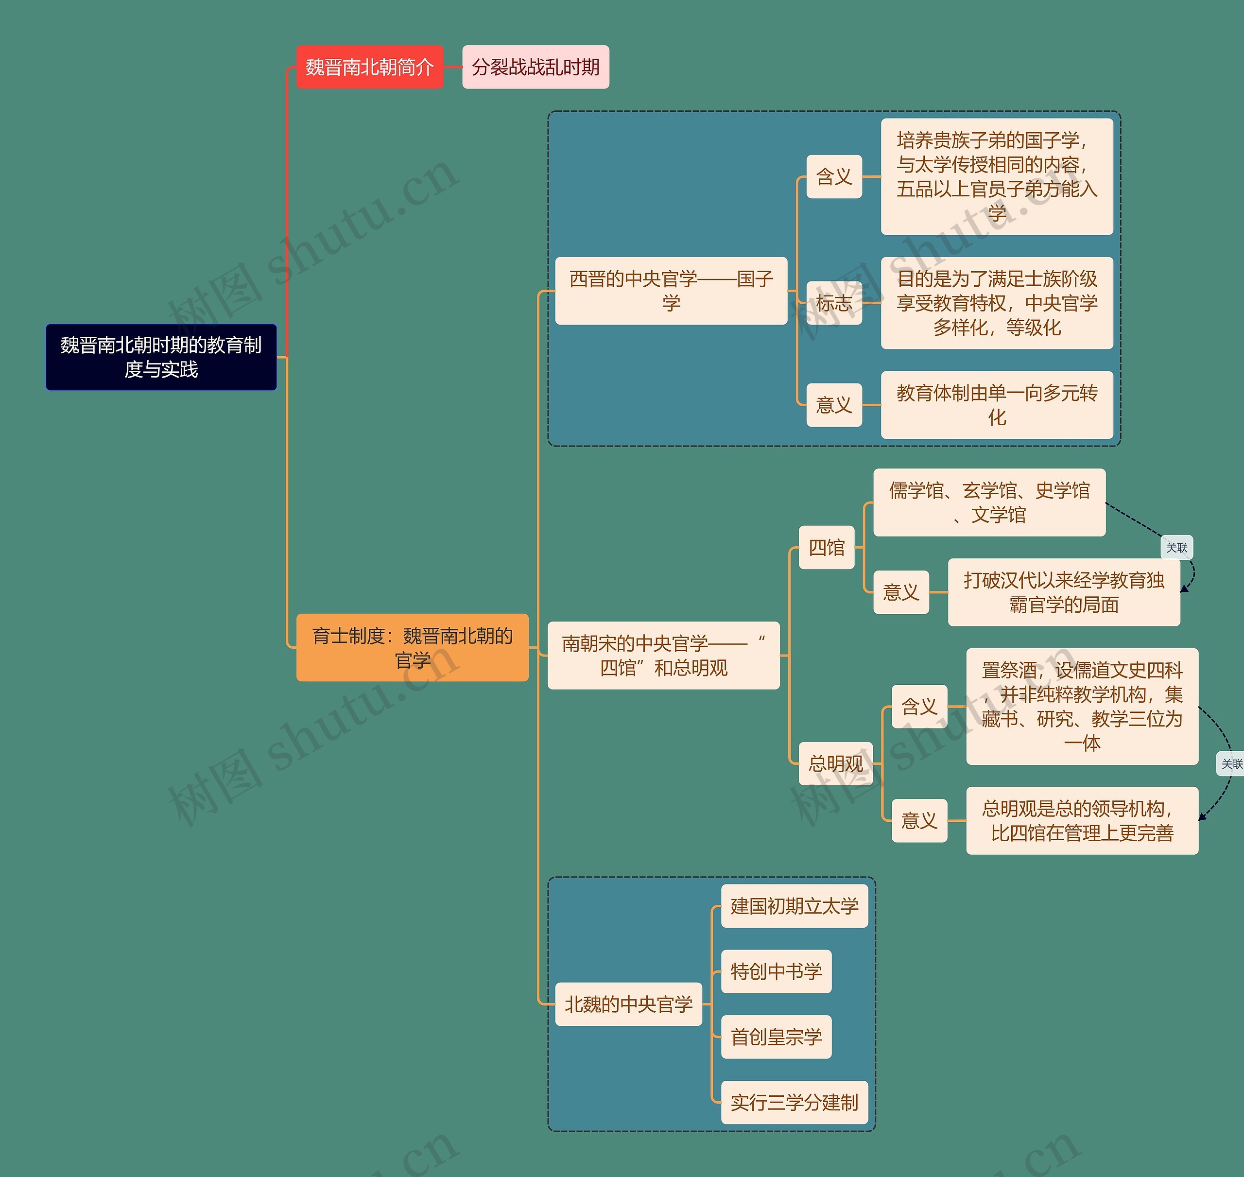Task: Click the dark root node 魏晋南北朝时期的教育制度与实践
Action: click(x=161, y=357)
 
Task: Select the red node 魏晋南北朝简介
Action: click(x=369, y=67)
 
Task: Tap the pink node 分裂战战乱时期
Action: click(x=535, y=67)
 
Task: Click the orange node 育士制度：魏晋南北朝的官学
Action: click(x=412, y=647)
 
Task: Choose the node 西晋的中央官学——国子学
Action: click(x=671, y=291)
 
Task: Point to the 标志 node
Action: click(x=834, y=303)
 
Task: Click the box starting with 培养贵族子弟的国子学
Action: click(x=996, y=176)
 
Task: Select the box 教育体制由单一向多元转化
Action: click(x=996, y=405)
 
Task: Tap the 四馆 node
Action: click(x=826, y=547)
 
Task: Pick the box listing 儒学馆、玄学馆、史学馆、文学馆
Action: click(x=989, y=502)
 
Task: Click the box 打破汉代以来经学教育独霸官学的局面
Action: click(x=1063, y=592)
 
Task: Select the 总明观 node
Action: click(x=836, y=763)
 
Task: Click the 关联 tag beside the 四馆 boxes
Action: click(x=1176, y=548)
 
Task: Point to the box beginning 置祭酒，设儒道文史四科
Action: click(x=1082, y=707)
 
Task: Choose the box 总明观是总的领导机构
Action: click(x=1082, y=821)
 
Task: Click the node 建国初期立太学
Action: click(x=794, y=906)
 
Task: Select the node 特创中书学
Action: click(x=776, y=971)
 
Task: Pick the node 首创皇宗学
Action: click(x=776, y=1037)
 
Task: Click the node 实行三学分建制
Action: click(x=794, y=1102)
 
